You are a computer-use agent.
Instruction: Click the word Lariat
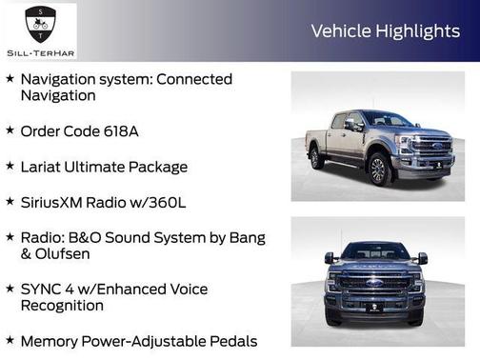45,167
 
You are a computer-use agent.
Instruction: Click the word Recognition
62,306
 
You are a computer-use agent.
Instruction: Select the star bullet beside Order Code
10,130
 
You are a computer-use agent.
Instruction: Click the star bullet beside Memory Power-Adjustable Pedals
10,340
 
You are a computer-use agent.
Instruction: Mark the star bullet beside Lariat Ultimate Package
10,167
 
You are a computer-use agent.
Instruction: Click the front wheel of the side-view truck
379,169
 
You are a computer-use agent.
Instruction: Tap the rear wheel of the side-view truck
316,158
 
